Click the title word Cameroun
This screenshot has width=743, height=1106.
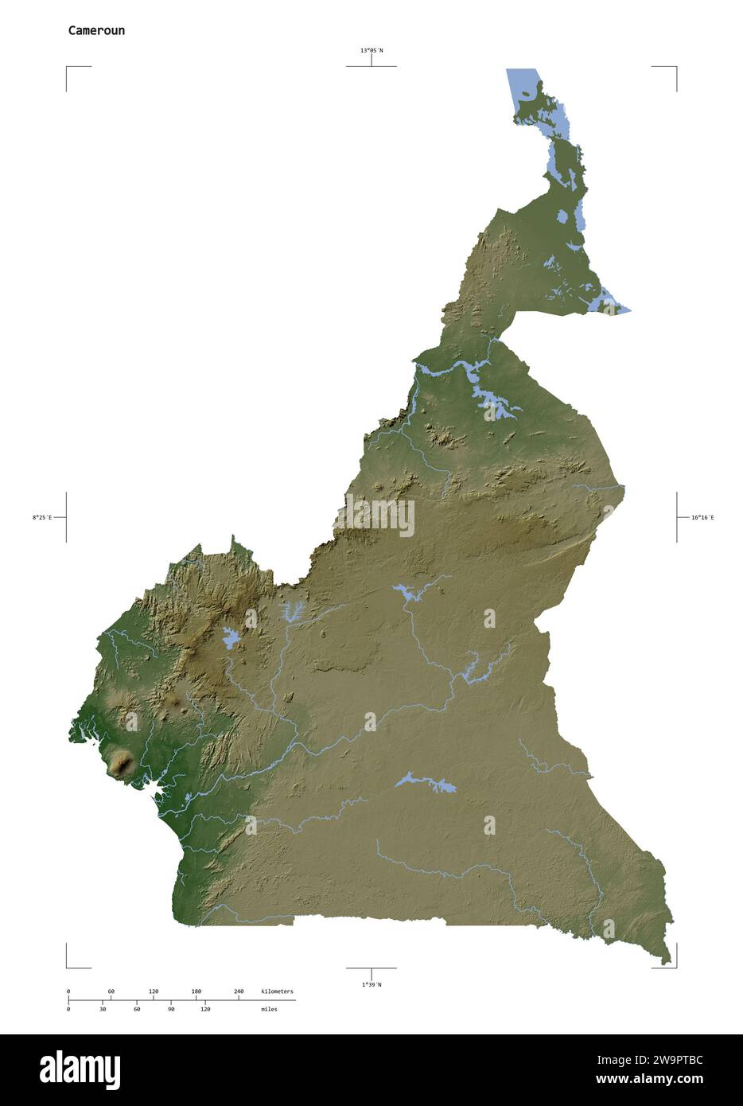click(95, 31)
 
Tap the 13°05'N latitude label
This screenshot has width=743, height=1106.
click(371, 50)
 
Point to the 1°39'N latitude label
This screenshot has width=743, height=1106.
click(371, 984)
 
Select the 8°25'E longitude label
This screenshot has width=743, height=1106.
click(42, 517)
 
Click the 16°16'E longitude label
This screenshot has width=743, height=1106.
click(702, 517)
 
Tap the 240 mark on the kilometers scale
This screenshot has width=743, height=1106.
click(239, 991)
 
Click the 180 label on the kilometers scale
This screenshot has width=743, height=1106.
click(196, 991)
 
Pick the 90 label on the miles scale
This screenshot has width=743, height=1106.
click(171, 1009)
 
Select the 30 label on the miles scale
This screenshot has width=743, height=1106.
click(103, 1009)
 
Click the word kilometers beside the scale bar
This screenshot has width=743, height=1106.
click(277, 991)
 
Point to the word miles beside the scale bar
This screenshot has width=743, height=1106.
click(269, 1009)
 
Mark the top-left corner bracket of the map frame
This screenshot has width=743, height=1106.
click(68, 68)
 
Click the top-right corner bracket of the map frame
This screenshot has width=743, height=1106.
click(675, 68)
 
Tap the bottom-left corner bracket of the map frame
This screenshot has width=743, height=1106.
click(68, 966)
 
